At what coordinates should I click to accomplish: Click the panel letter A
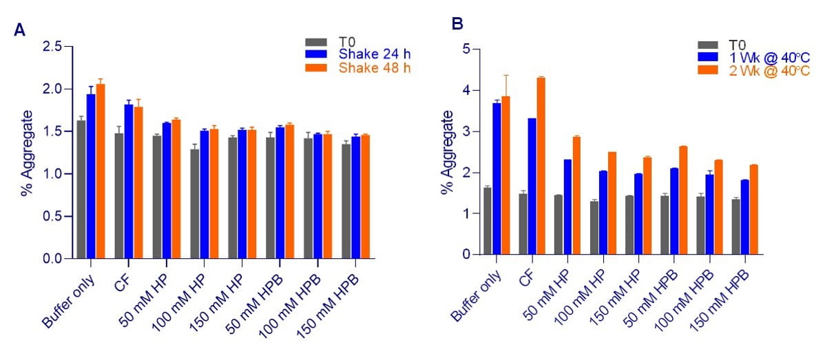(20, 30)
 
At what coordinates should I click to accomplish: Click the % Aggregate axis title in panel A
(27, 153)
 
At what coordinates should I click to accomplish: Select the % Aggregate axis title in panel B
(448, 153)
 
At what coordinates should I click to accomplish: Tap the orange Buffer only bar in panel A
(101, 171)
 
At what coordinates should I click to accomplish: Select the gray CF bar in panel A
(119, 196)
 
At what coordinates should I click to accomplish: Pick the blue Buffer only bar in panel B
(496, 179)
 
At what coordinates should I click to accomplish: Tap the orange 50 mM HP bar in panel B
(576, 195)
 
